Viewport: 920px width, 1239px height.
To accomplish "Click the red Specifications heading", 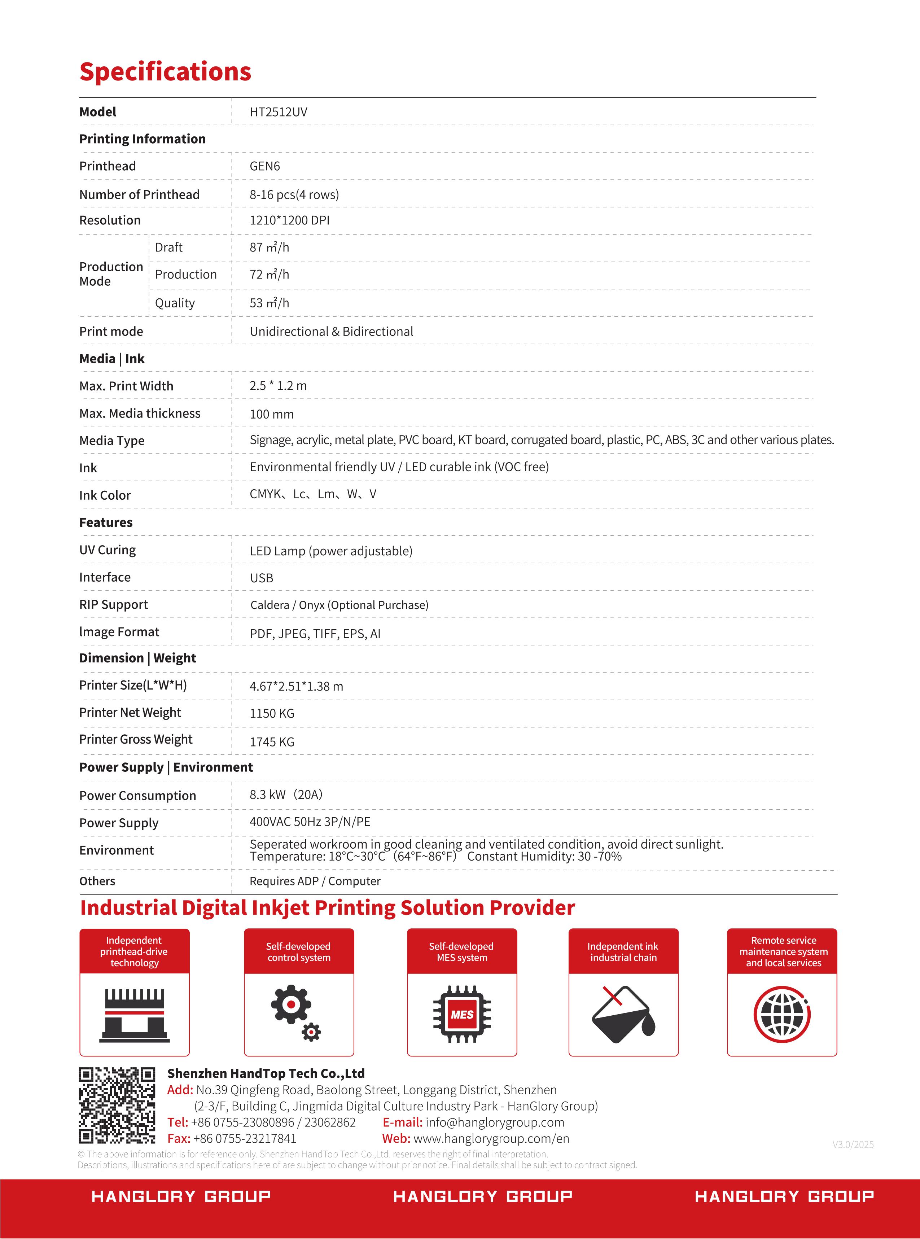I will (x=165, y=72).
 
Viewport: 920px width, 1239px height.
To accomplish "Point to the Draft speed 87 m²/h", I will (x=269, y=247).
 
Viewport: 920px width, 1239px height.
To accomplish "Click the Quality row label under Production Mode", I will (x=175, y=303).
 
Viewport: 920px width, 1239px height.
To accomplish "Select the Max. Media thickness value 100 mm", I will (x=271, y=414).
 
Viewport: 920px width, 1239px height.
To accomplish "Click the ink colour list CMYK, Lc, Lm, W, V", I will (x=312, y=494).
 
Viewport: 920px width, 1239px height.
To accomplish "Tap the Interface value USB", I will (x=261, y=578).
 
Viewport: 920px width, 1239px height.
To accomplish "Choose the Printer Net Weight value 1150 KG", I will (x=272, y=713).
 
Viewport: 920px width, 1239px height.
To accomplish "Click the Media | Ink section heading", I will (x=111, y=359).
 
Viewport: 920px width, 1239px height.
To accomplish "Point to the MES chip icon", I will (x=462, y=1014).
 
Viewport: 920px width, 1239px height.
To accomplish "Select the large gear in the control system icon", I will (x=290, y=1004).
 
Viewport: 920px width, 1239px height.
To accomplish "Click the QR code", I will (x=117, y=1106).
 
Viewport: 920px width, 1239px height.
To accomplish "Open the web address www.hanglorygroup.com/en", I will (x=491, y=1139).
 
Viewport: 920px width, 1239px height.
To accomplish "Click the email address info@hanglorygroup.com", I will (x=495, y=1122).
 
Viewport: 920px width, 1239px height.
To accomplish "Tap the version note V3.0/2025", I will (x=853, y=1144).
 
